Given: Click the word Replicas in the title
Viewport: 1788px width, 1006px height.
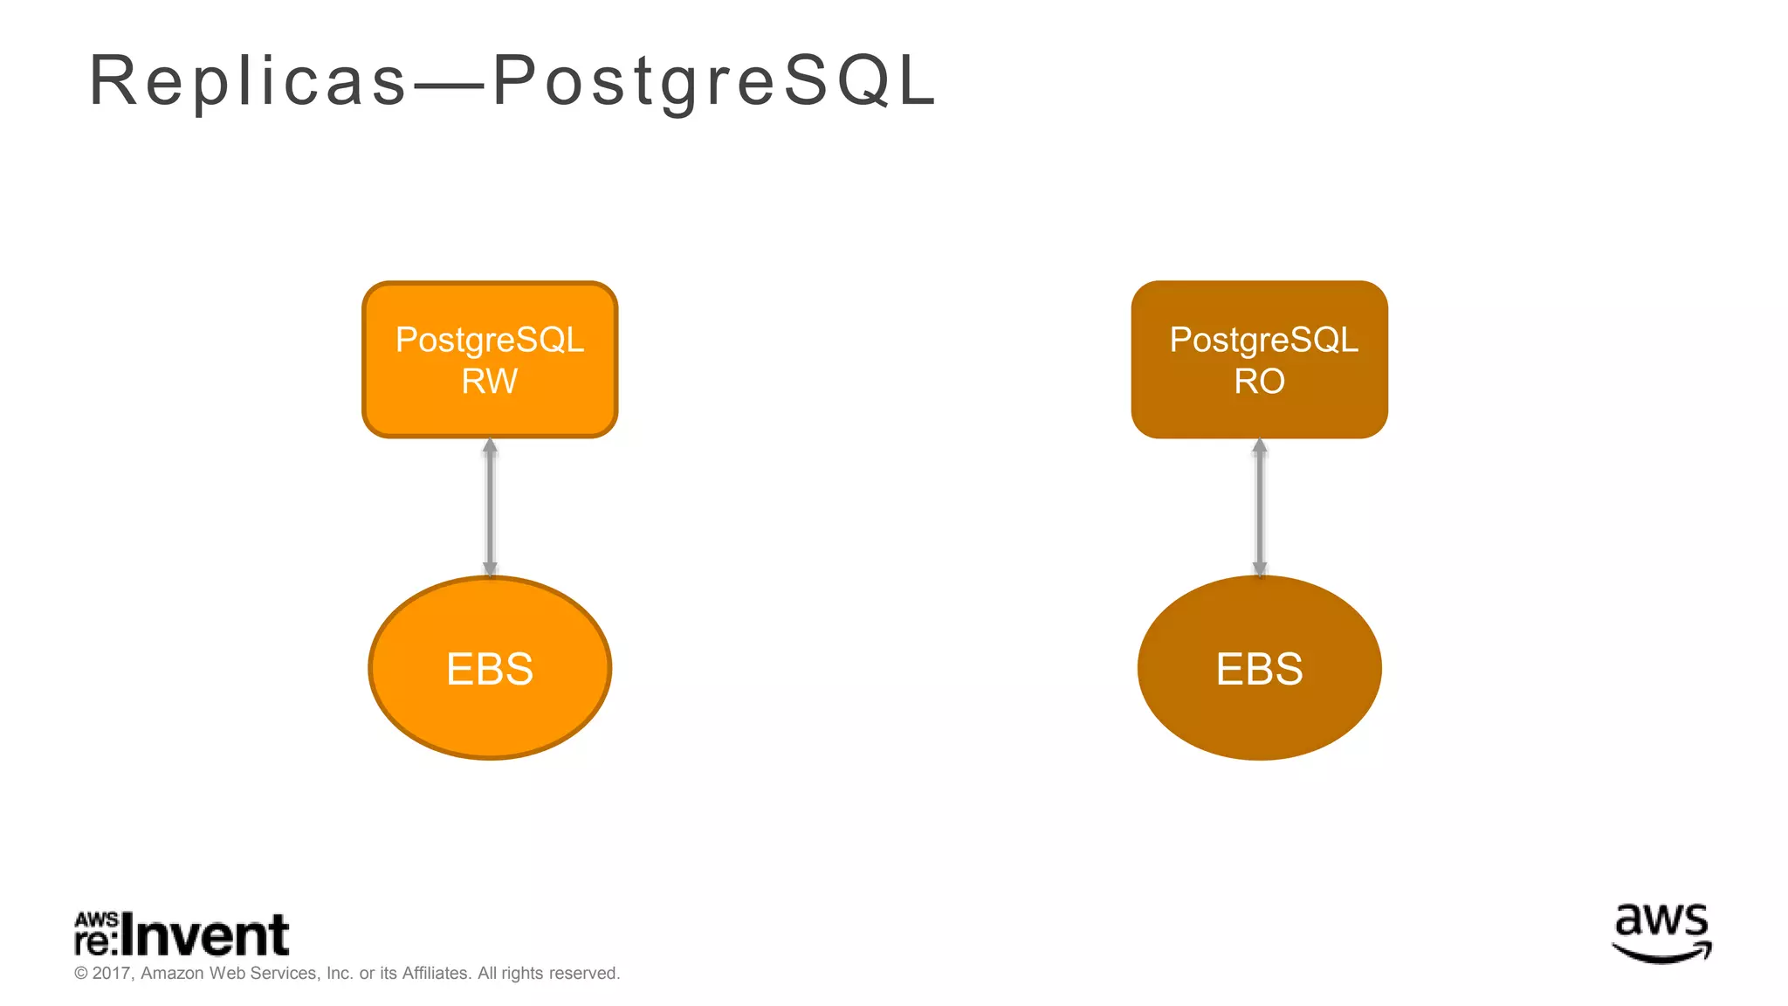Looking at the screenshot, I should [x=249, y=81].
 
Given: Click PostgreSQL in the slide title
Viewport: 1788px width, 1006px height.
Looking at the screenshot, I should [x=714, y=81].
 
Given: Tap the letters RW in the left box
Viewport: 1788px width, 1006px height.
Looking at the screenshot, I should [x=490, y=382].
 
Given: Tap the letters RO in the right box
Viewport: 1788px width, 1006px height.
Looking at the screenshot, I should [x=1259, y=382].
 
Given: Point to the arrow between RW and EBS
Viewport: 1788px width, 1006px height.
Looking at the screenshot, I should [x=490, y=506].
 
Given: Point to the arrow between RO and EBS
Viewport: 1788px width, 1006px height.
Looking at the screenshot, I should [x=1259, y=506].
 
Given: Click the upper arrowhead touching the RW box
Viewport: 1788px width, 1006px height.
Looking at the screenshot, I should [x=490, y=446].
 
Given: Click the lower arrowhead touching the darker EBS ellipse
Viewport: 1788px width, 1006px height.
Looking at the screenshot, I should [x=1259, y=568].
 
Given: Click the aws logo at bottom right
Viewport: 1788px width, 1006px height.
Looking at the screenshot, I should [x=1661, y=933].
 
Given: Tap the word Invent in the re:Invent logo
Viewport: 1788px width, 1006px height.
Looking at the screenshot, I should [x=205, y=936].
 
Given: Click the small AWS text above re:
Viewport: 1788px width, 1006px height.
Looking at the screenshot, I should [x=96, y=920].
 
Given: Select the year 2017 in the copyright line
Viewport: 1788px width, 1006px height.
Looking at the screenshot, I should [x=112, y=973].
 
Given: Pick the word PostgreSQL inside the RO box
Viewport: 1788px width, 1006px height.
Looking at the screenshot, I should [x=1263, y=340].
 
